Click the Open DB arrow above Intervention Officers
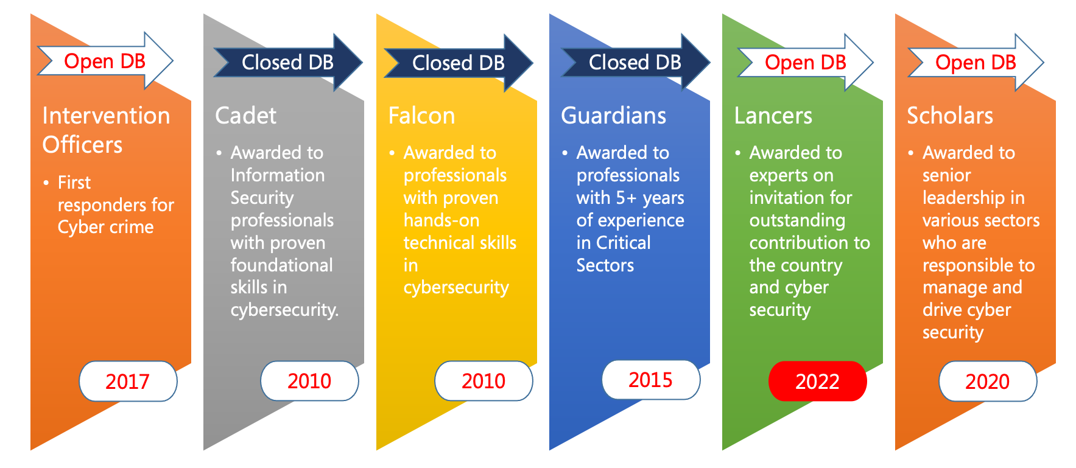click(105, 61)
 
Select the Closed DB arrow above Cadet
click(288, 62)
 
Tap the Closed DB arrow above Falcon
click(459, 63)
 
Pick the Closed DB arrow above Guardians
click(635, 62)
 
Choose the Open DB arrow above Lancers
click(806, 62)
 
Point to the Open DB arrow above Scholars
click(976, 62)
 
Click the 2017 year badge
click(128, 382)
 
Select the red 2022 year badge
click(818, 382)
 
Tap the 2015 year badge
click(651, 380)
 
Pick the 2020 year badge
click(988, 382)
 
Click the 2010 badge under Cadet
click(309, 381)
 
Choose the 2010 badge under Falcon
click(483, 381)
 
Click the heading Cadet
click(246, 116)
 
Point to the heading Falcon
click(422, 116)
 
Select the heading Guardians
click(614, 116)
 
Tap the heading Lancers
click(773, 116)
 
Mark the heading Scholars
click(950, 116)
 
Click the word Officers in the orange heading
click(83, 145)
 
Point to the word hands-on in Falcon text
click(441, 220)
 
